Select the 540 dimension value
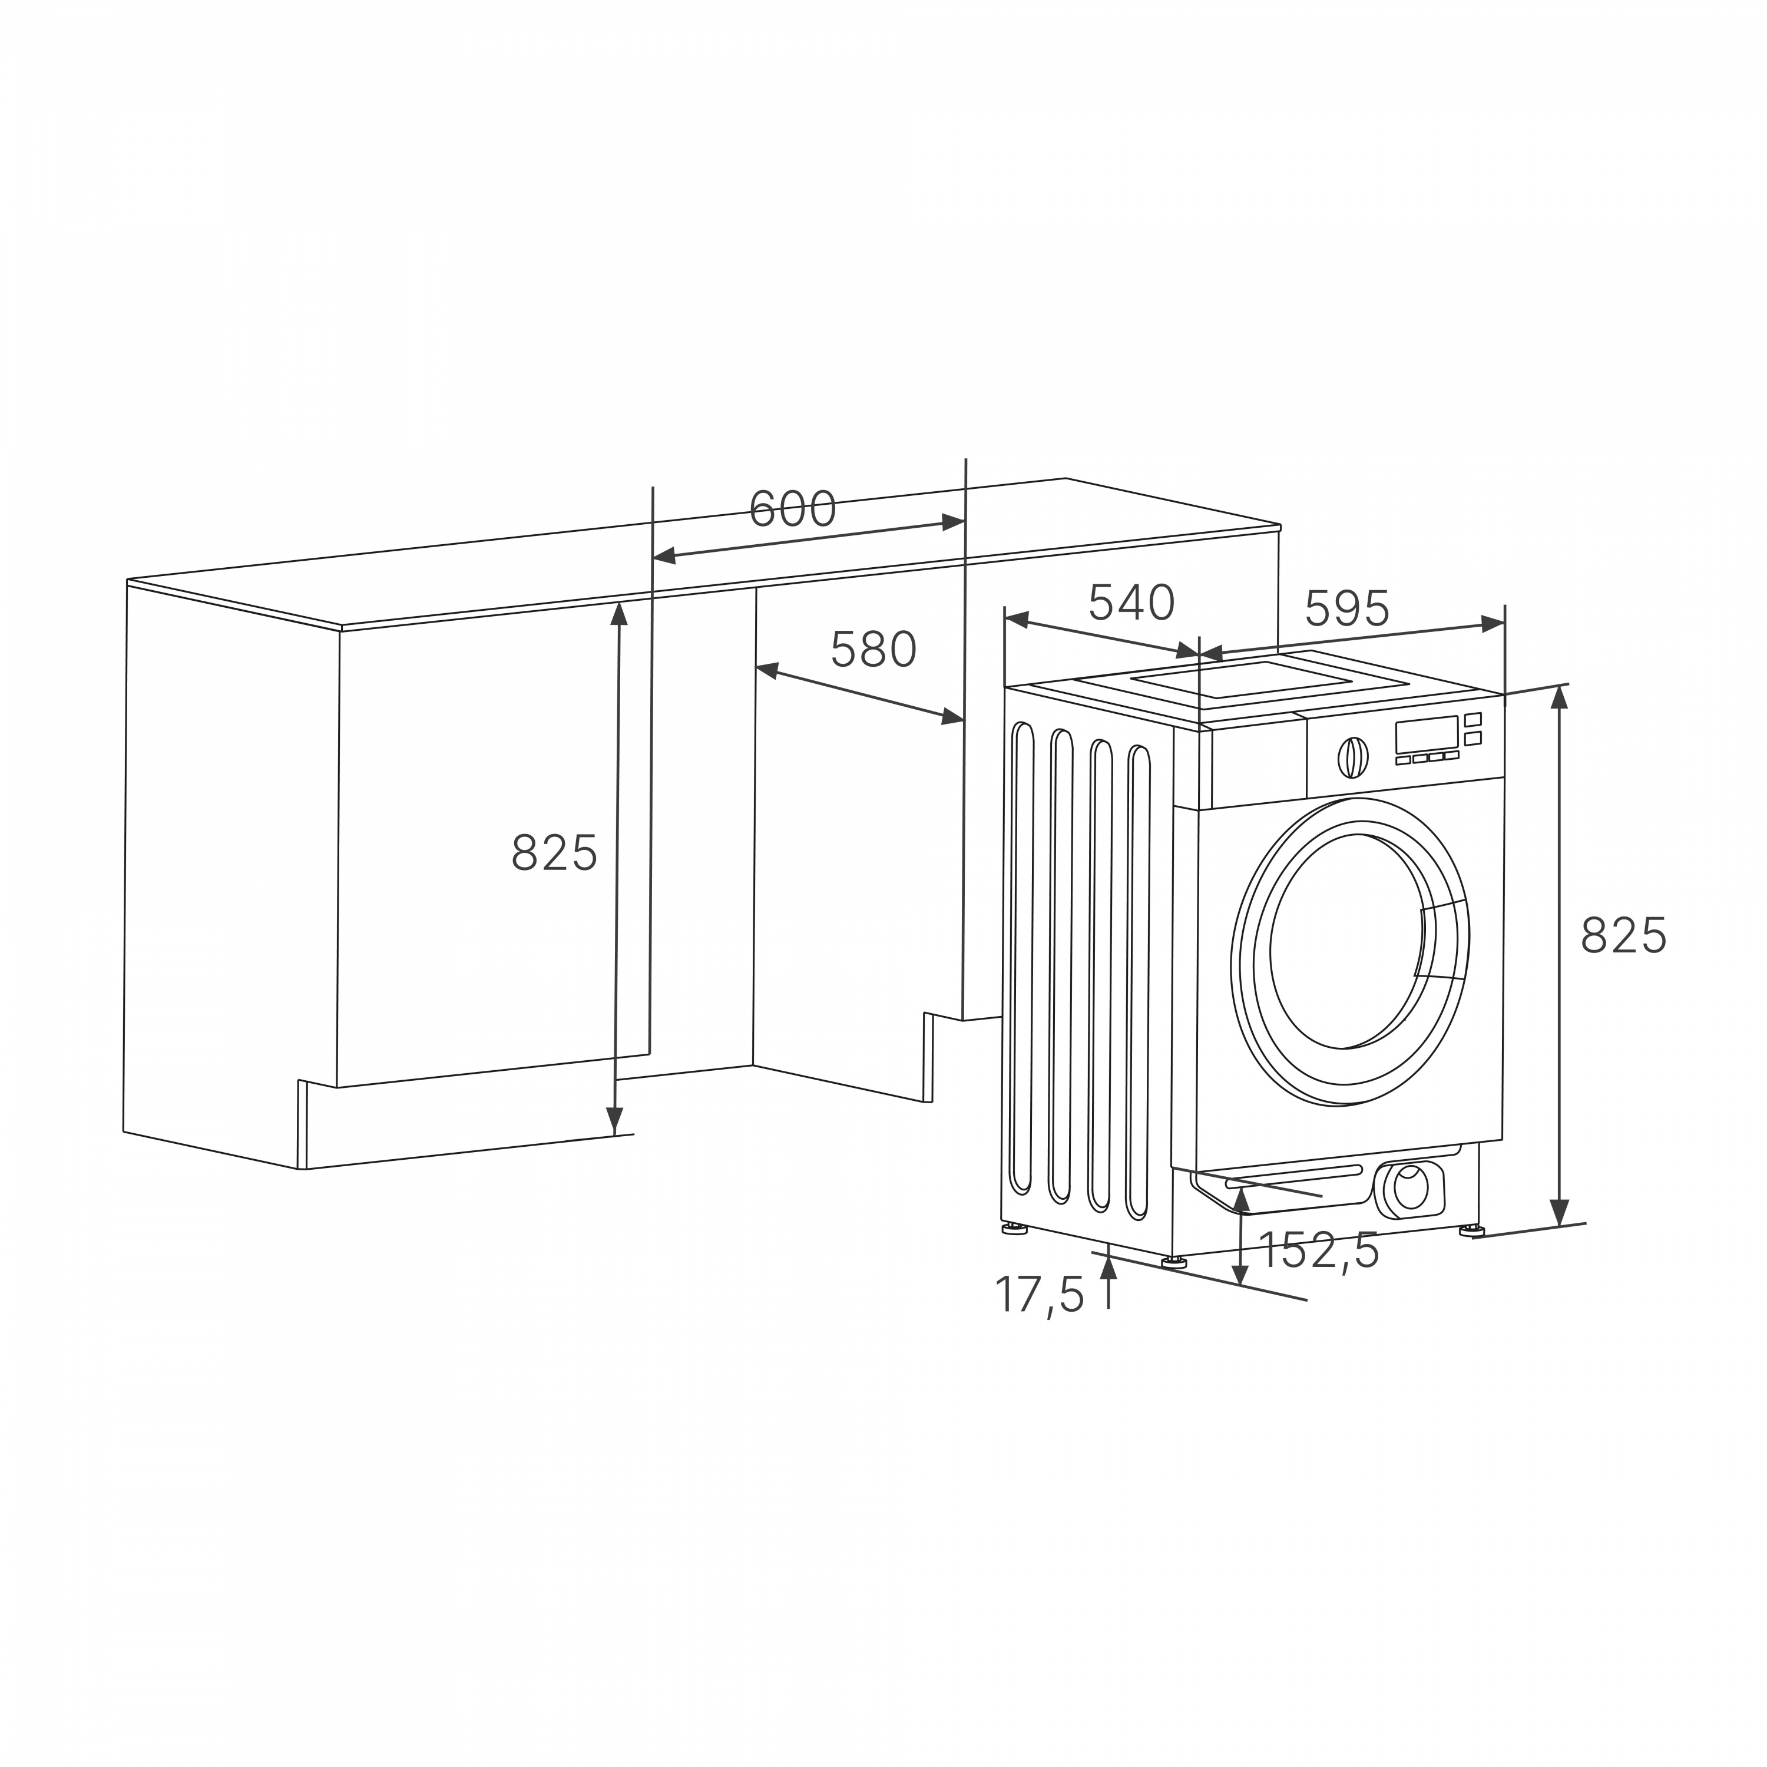pyautogui.click(x=1131, y=602)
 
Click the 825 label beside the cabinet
pyautogui.click(x=554, y=852)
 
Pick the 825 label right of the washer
pyautogui.click(x=1623, y=936)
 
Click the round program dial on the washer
pyautogui.click(x=1354, y=757)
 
